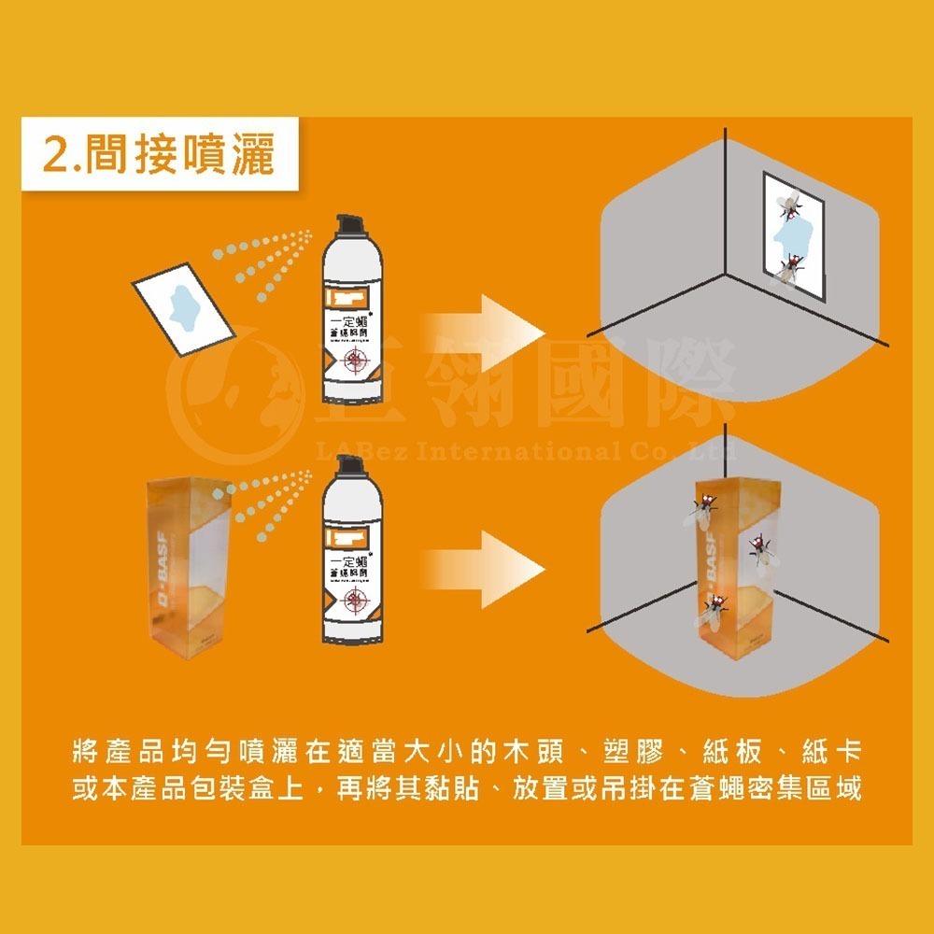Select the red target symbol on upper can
(356, 361)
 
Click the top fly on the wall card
(789, 204)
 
